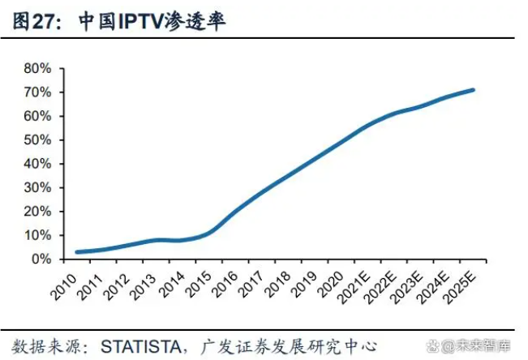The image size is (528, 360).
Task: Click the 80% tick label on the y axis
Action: point(38,68)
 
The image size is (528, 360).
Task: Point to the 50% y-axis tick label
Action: point(38,139)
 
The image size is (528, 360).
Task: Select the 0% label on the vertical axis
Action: point(41,259)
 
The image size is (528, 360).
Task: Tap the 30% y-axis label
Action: point(38,187)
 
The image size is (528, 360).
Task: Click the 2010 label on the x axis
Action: point(64,281)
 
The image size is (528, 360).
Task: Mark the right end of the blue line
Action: point(474,90)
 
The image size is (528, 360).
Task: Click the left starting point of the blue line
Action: point(76,252)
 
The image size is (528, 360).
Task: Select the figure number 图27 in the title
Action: point(35,22)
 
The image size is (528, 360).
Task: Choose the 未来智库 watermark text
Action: point(486,345)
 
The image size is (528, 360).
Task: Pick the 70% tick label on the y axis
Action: point(38,92)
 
